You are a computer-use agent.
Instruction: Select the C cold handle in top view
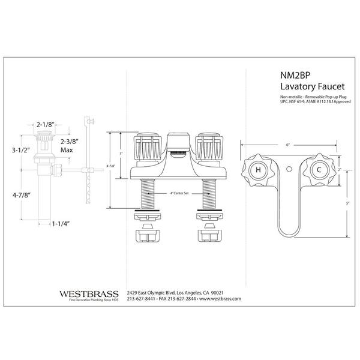(x=319, y=170)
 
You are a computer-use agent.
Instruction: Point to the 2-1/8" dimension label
(x=46, y=124)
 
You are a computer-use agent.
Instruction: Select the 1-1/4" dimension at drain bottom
(x=61, y=223)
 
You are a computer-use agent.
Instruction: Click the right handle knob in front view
(x=208, y=146)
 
